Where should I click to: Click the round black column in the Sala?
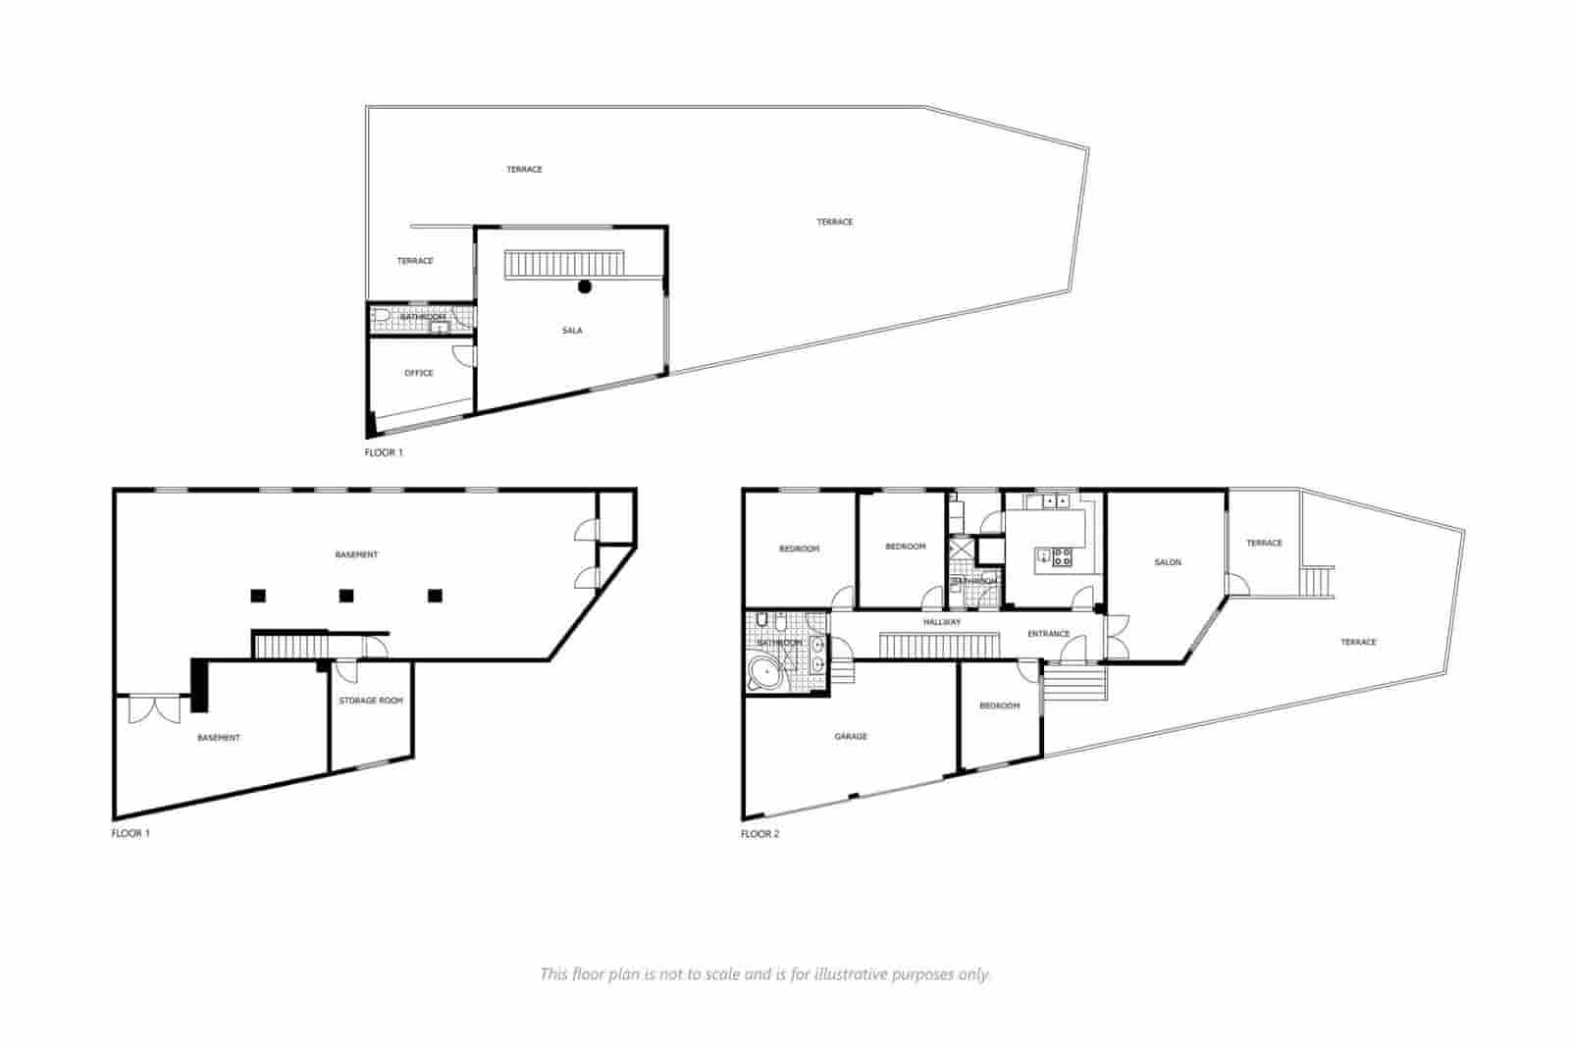coord(585,287)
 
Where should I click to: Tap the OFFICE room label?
coord(419,373)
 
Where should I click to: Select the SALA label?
coord(572,331)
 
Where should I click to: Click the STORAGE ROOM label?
coord(371,701)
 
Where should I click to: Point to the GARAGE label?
coord(851,736)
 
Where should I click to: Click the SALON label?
coord(1168,562)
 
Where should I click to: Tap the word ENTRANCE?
coord(1048,634)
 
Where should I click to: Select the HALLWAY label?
coord(942,622)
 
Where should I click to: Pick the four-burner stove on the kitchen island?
coord(1061,558)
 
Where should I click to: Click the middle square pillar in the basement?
coord(345,595)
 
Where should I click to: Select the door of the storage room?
coord(345,671)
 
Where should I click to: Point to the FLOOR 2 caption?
coord(759,834)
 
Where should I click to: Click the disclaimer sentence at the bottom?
coord(765,974)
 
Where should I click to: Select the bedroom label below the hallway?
coord(999,705)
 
